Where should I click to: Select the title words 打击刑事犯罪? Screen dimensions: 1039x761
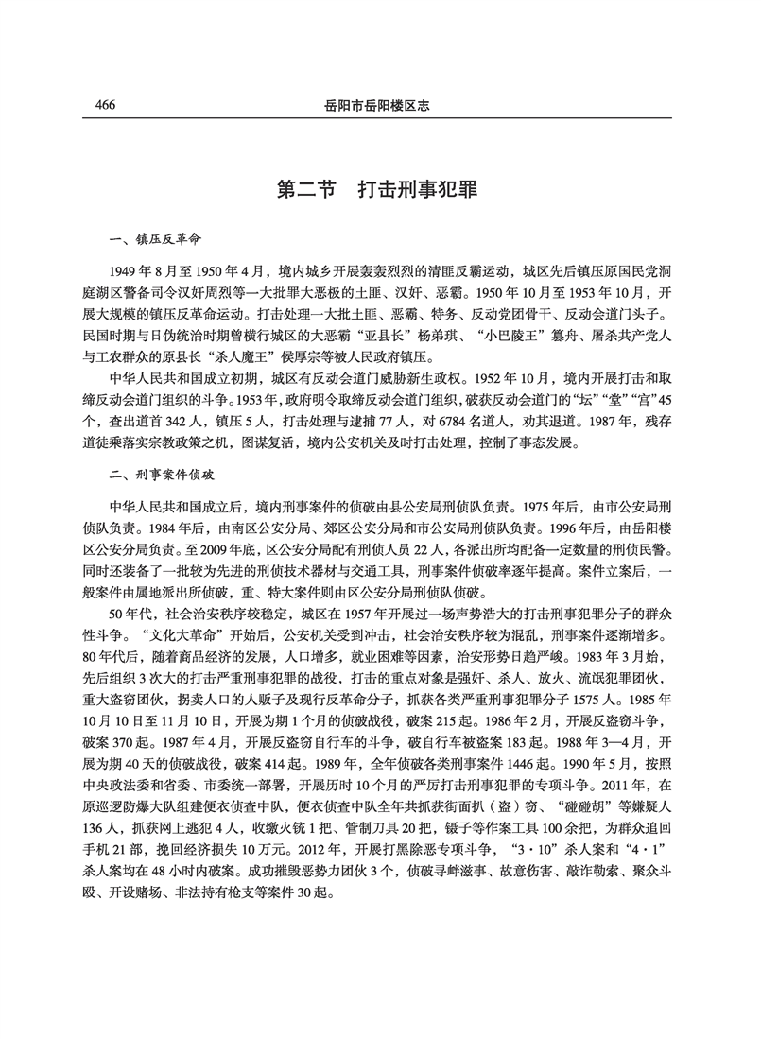419,189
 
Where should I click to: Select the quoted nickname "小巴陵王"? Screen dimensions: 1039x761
501,338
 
